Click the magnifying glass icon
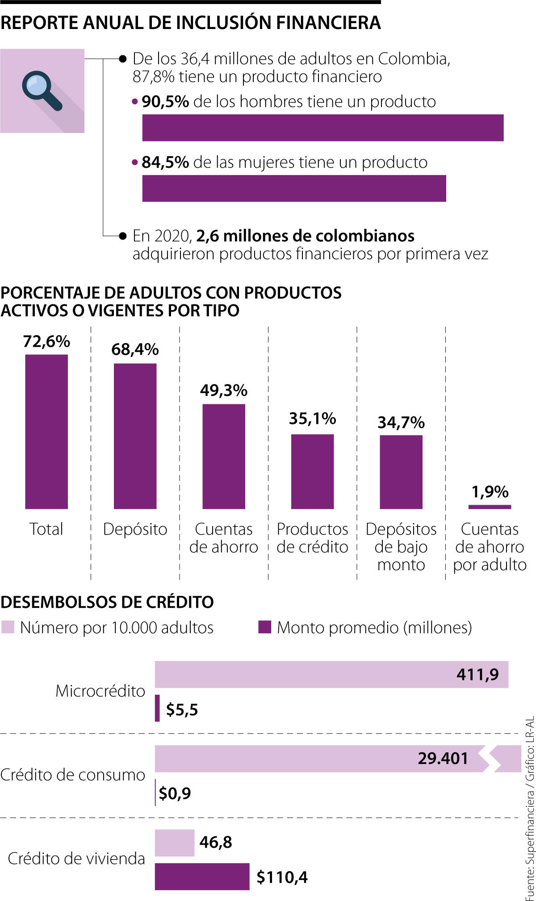pyautogui.click(x=42, y=91)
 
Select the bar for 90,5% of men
pyautogui.click(x=322, y=128)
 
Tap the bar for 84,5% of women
pyautogui.click(x=294, y=188)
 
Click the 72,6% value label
pyautogui.click(x=46, y=341)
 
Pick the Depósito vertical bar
pyautogui.click(x=135, y=436)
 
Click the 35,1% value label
pyautogui.click(x=312, y=419)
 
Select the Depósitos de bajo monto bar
pyautogui.click(x=401, y=472)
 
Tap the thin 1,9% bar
pyautogui.click(x=490, y=507)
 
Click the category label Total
pyautogui.click(x=46, y=529)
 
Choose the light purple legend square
pyautogui.click(x=8, y=627)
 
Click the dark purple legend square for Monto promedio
pyautogui.click(x=265, y=627)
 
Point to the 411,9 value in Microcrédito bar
pyautogui.click(x=477, y=674)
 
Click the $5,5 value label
pyautogui.click(x=182, y=710)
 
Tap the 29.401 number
pyautogui.click(x=443, y=758)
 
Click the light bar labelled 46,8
pyautogui.click(x=175, y=843)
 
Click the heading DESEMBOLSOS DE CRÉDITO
pyautogui.click(x=107, y=602)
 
